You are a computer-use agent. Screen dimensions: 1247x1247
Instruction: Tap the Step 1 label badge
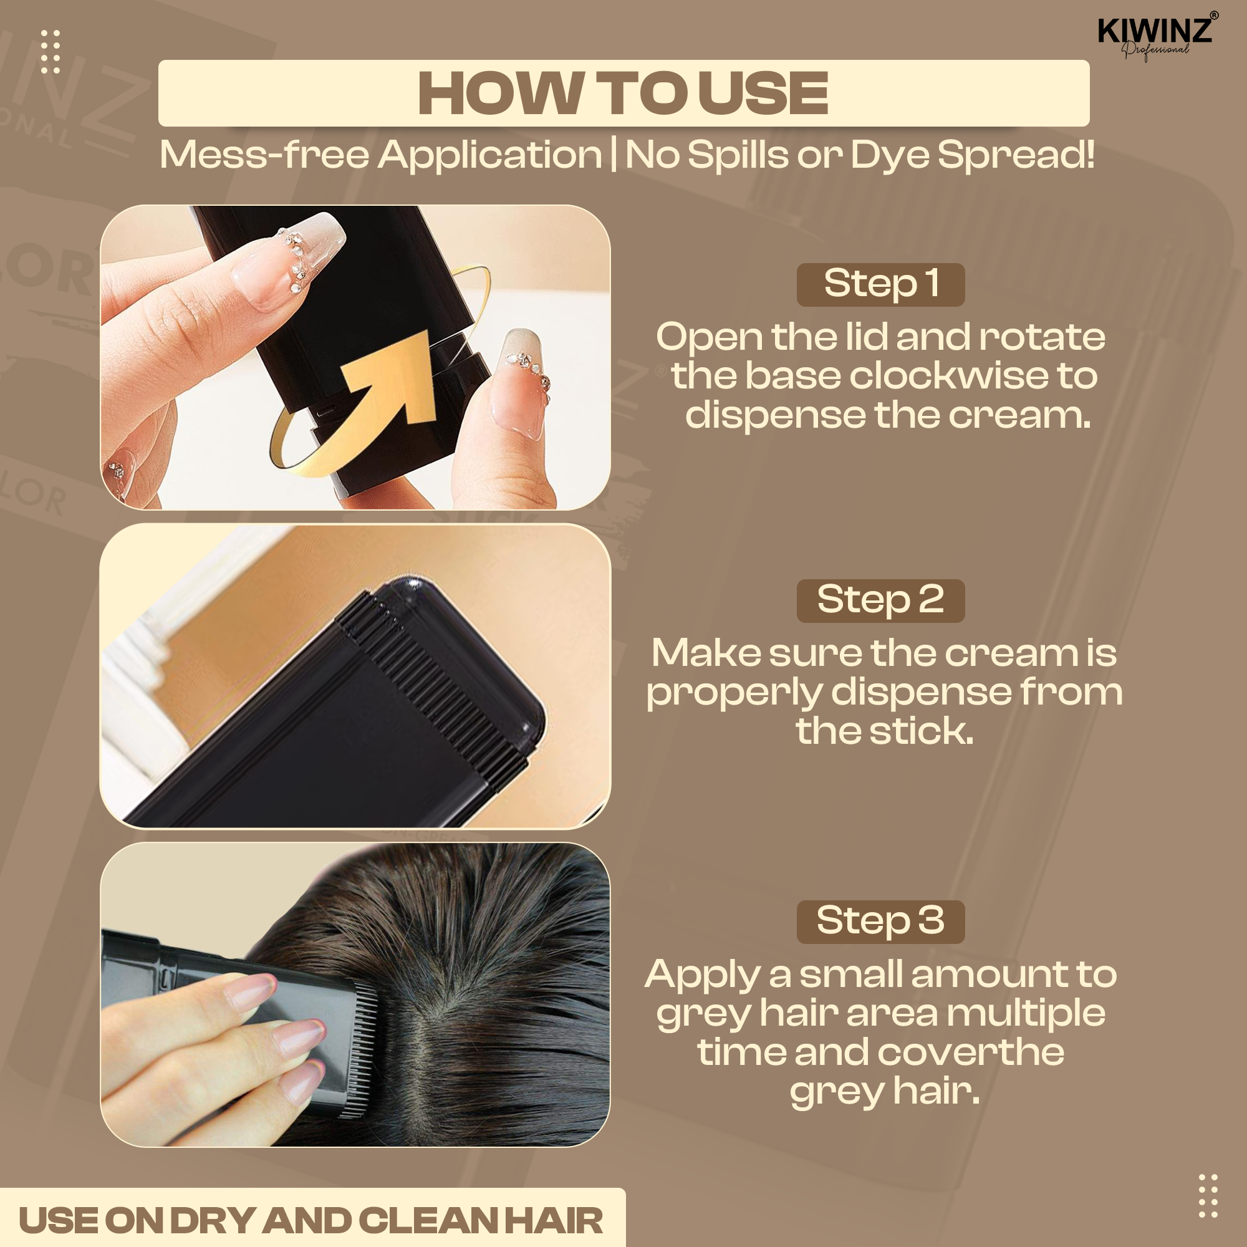880,285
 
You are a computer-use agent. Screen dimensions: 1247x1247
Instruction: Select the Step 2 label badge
880,601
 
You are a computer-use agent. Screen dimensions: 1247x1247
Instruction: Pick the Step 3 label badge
880,922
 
